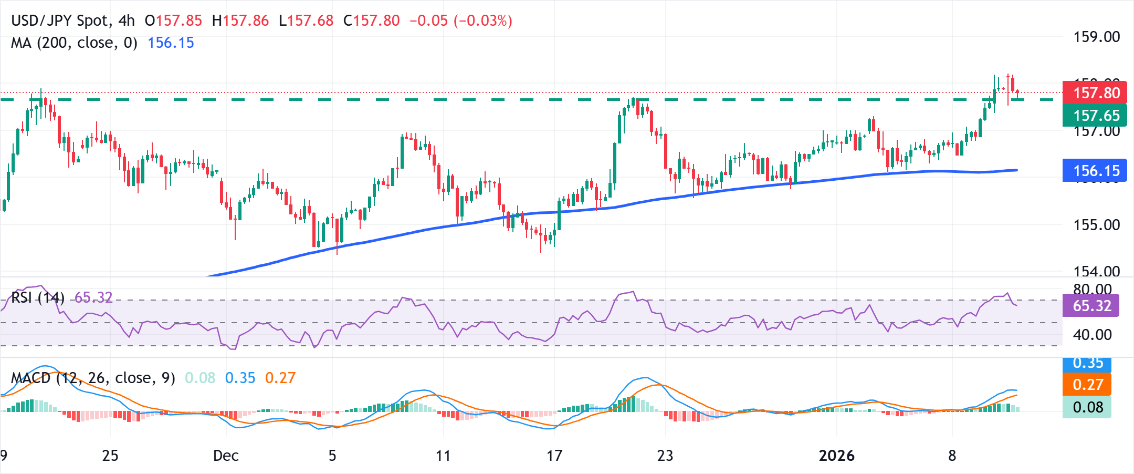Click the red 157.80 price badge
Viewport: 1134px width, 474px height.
coord(1094,93)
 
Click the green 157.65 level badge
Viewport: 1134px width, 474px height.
coord(1094,116)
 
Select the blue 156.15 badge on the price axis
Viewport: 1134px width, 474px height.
coord(1094,171)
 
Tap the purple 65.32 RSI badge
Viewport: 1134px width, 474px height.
coord(1090,306)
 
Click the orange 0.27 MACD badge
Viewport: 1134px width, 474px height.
coord(1087,385)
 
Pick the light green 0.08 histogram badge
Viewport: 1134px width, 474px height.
coord(1087,407)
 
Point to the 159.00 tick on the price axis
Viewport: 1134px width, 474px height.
coord(1096,37)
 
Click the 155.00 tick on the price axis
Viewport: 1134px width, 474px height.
coord(1096,225)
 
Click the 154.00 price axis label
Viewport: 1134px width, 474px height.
coord(1096,271)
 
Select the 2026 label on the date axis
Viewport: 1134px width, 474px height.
coord(836,456)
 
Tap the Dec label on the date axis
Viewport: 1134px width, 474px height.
coord(226,456)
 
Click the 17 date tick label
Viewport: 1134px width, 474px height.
coord(554,456)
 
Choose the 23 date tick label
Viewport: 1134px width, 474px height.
coord(665,456)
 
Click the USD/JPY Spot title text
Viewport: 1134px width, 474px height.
coord(60,21)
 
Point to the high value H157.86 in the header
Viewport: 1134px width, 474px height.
coord(240,21)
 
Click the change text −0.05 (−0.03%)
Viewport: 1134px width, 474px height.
coord(460,21)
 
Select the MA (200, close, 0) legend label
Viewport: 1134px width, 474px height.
coord(74,43)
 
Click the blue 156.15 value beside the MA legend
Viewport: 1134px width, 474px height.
coord(171,43)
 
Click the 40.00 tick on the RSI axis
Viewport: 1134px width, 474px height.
coord(1092,335)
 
